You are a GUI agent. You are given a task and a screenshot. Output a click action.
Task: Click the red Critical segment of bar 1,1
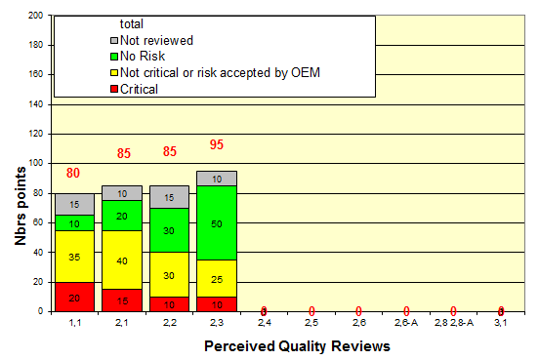click(x=74, y=297)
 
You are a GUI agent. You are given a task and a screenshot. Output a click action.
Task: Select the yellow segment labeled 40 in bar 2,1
click(x=122, y=260)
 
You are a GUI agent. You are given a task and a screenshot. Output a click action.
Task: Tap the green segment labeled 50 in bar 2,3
click(x=217, y=223)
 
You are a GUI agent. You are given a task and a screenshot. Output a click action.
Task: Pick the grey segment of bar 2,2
click(x=169, y=196)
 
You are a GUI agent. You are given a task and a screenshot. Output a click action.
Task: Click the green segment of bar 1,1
click(x=74, y=222)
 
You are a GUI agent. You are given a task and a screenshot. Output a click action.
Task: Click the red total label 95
click(x=217, y=145)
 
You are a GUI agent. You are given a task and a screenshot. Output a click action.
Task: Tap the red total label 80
click(x=74, y=174)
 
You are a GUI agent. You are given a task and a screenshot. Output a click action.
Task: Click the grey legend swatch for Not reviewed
click(x=113, y=41)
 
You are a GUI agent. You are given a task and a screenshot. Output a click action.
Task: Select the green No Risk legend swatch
click(x=113, y=57)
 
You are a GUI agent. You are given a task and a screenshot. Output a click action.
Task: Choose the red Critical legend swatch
click(x=113, y=88)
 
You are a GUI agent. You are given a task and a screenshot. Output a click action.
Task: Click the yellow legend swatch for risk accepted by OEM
click(x=113, y=72)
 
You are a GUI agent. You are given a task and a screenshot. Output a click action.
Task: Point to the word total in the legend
click(x=132, y=23)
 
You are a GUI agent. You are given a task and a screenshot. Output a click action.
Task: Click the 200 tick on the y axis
click(x=35, y=17)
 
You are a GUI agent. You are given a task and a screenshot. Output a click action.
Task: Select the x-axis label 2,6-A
click(x=407, y=323)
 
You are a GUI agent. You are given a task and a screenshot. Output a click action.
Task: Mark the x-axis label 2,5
click(x=311, y=323)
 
